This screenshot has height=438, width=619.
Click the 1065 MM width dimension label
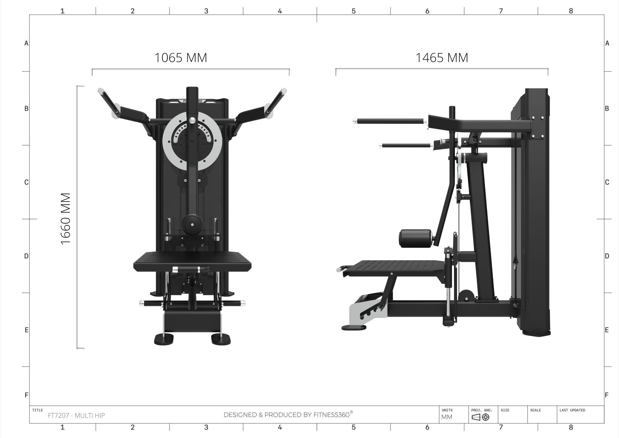(x=181, y=57)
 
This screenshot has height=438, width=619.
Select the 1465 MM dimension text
(x=442, y=57)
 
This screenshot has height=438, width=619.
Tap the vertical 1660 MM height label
(x=66, y=219)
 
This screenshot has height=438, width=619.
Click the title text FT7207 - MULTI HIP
(x=76, y=415)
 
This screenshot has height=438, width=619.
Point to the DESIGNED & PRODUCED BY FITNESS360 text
(x=288, y=414)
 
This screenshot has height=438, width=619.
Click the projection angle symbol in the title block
(x=481, y=417)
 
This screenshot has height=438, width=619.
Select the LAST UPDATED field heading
(x=572, y=410)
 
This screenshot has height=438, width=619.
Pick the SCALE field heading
(x=535, y=410)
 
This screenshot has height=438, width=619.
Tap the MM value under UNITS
(x=447, y=417)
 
